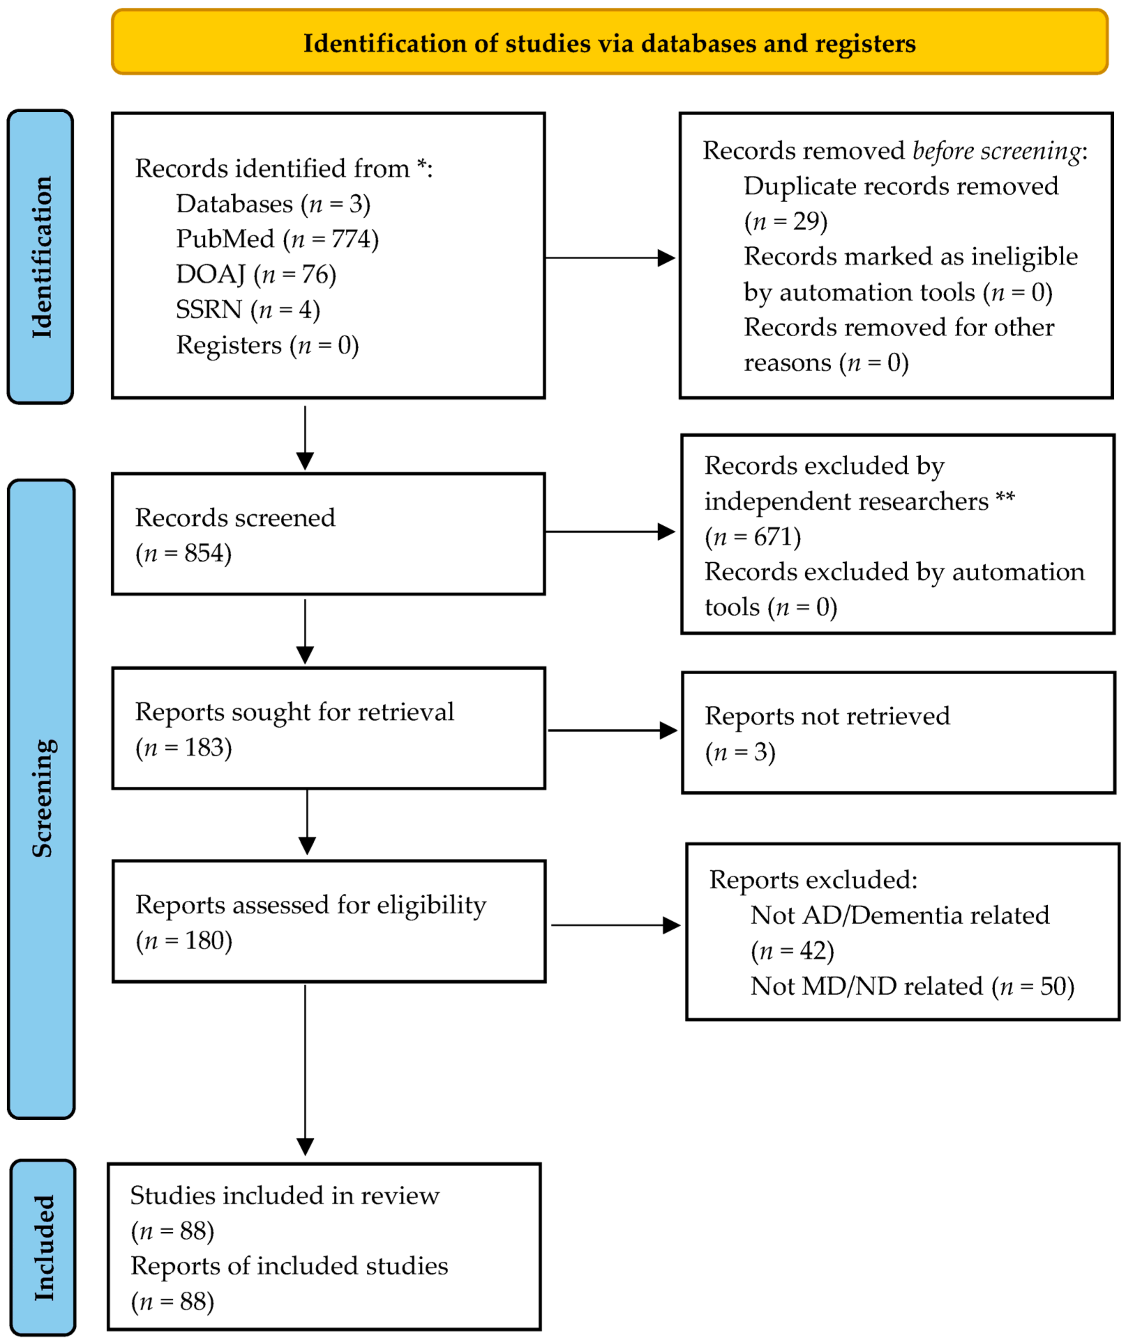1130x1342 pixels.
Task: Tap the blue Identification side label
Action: [41, 257]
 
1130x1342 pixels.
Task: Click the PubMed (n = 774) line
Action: [277, 239]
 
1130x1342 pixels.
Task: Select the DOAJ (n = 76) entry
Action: [256, 274]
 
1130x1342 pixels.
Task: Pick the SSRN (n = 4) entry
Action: [248, 309]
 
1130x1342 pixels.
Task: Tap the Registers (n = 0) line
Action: [267, 345]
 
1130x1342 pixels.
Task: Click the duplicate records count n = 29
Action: [785, 222]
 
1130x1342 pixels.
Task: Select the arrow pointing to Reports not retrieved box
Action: [612, 730]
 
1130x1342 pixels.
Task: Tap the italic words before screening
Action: [996, 151]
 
